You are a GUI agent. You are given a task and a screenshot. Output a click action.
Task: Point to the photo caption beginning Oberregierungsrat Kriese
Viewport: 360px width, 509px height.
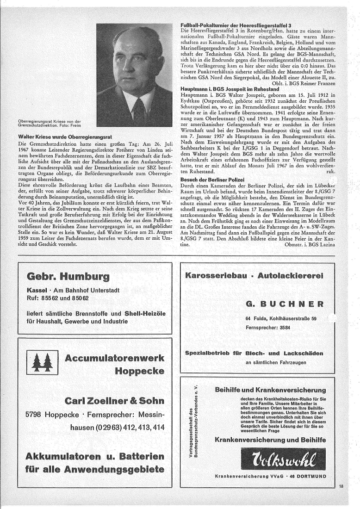tap(49, 124)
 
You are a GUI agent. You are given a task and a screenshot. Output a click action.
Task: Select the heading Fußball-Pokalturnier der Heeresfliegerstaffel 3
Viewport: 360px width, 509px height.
tap(236, 25)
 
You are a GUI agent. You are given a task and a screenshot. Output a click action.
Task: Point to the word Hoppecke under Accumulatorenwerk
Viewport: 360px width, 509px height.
tap(139, 371)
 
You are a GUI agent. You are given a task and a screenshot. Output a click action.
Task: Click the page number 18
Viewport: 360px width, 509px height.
tap(341, 486)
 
